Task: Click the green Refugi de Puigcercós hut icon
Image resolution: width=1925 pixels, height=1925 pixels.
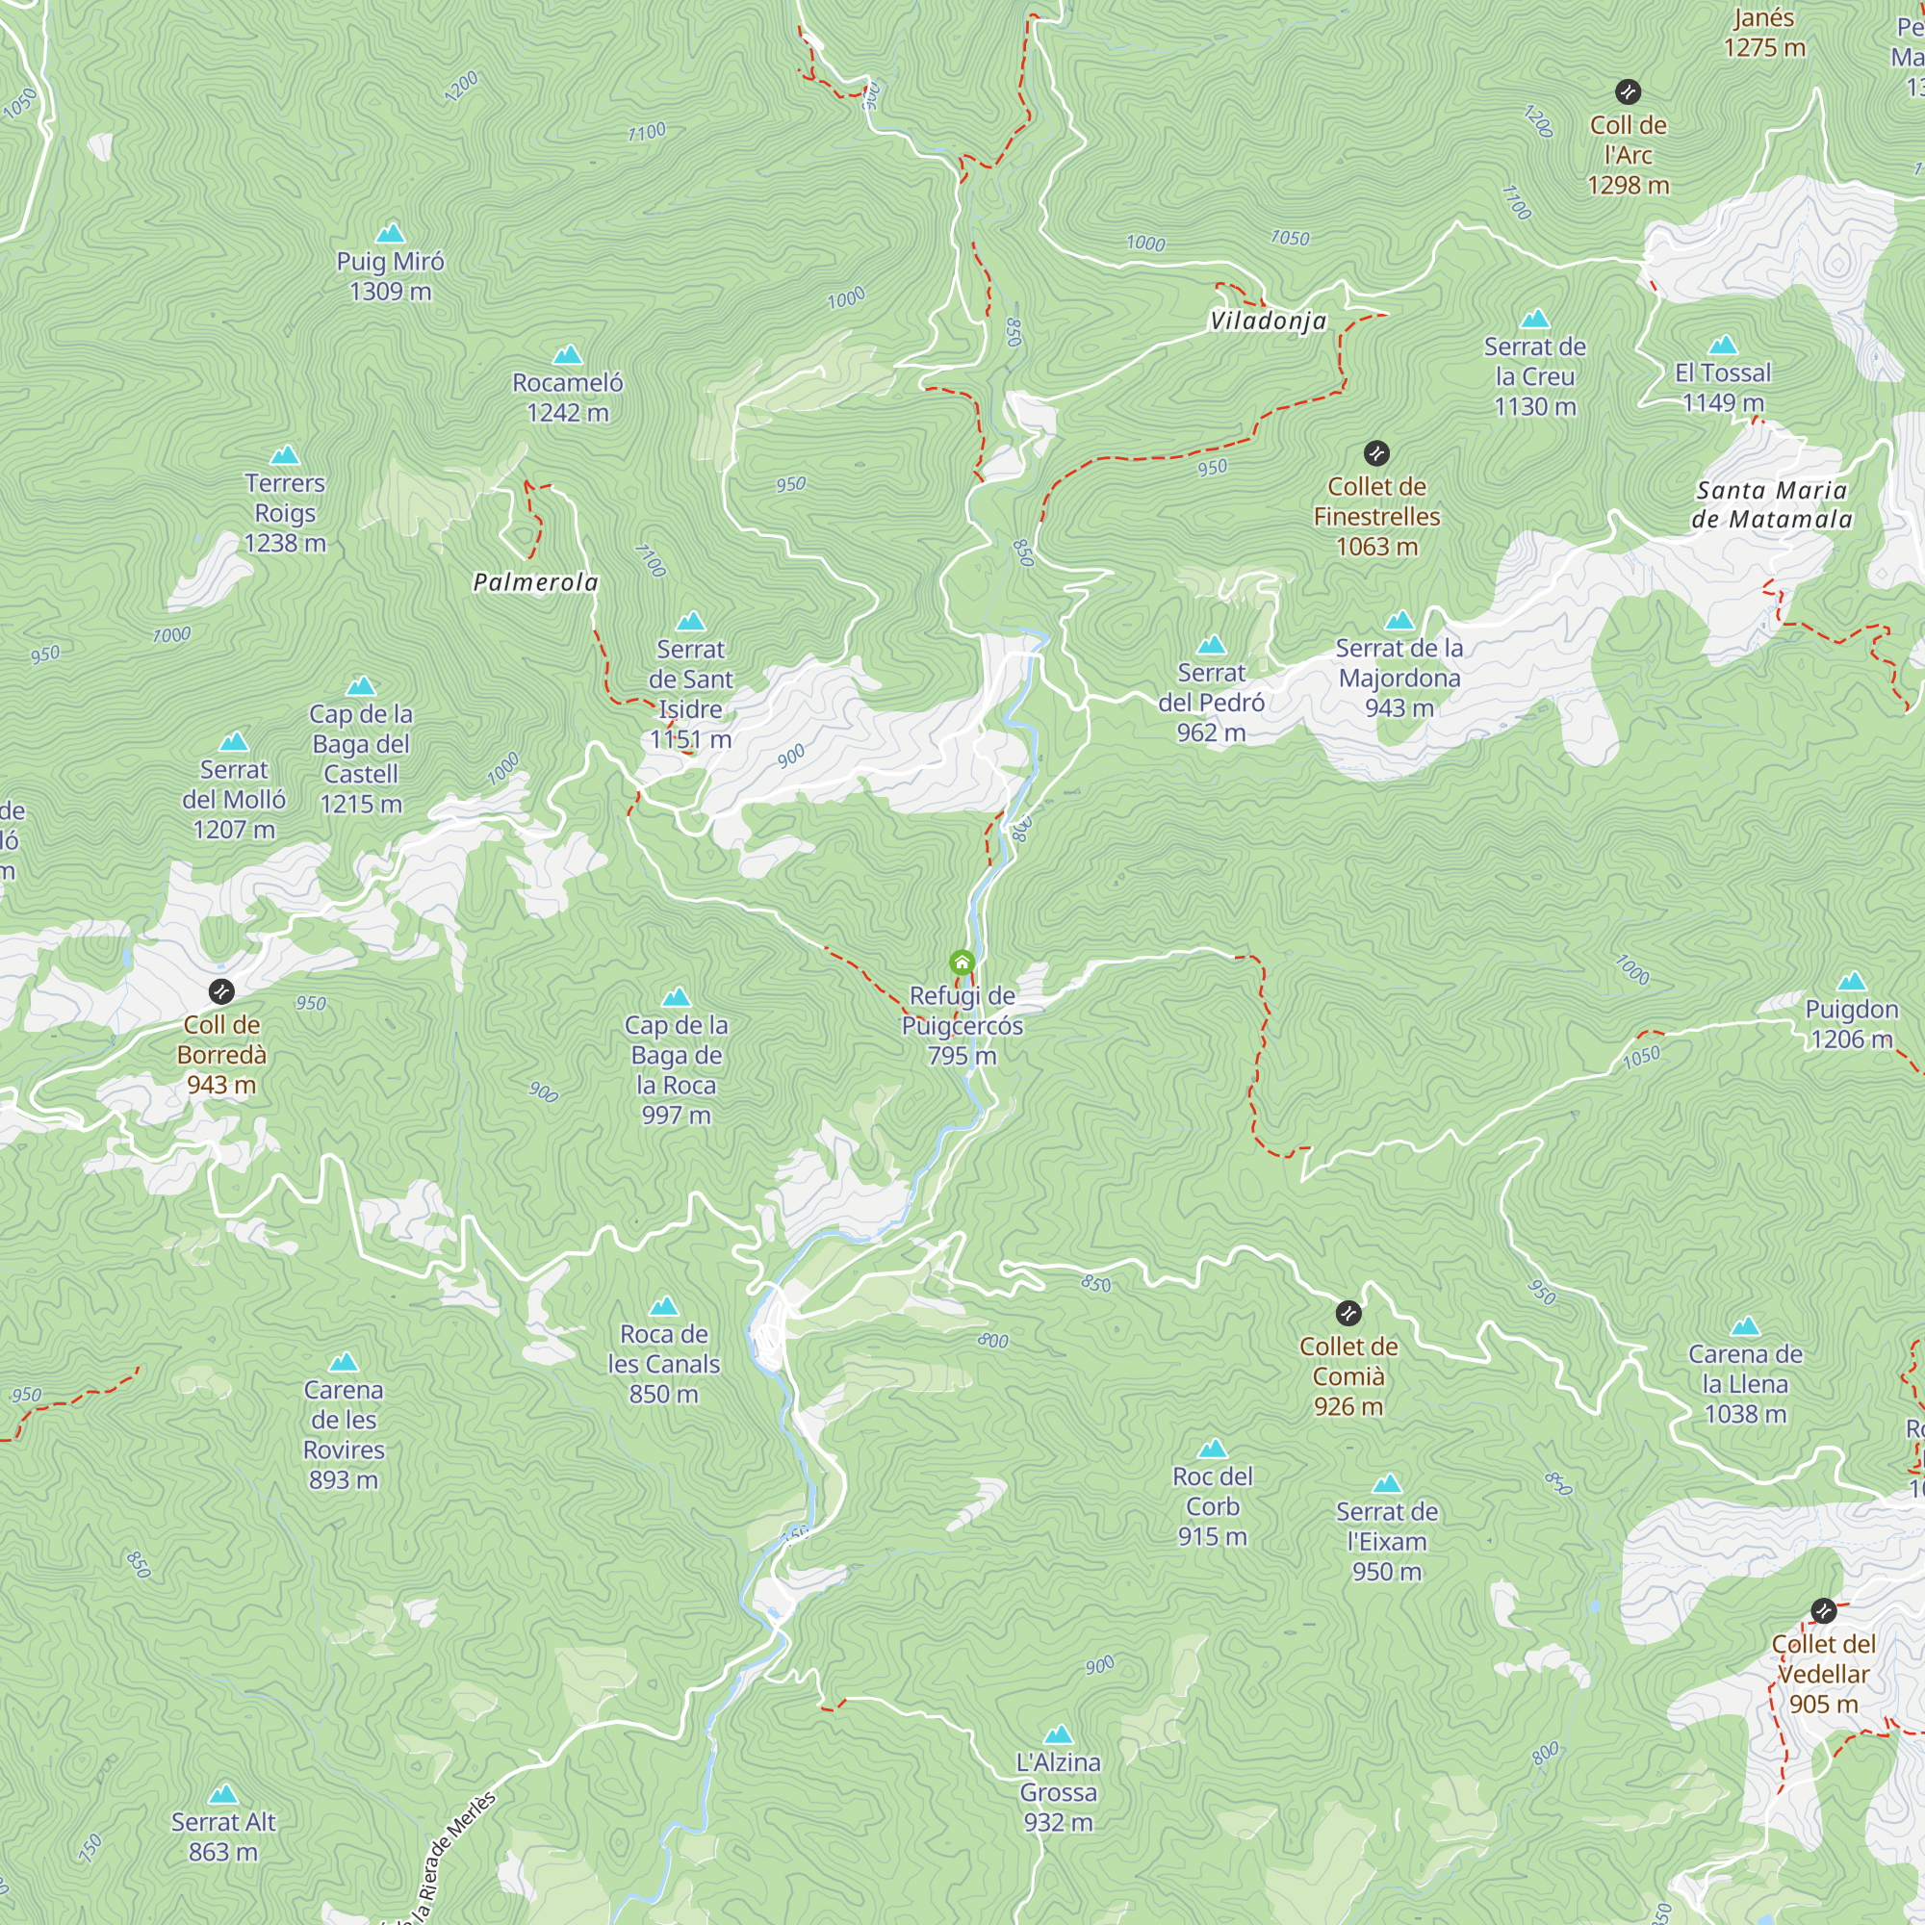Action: (x=962, y=962)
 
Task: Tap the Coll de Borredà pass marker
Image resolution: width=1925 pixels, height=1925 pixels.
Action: (x=221, y=991)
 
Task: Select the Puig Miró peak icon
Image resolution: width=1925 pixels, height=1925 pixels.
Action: (x=390, y=233)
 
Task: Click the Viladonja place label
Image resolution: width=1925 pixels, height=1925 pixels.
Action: (x=1268, y=321)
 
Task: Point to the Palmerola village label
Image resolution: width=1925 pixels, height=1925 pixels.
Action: (x=535, y=583)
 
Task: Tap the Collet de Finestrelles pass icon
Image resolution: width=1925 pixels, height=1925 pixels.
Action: (x=1376, y=453)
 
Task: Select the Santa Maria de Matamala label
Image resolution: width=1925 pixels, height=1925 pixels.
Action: (x=1772, y=504)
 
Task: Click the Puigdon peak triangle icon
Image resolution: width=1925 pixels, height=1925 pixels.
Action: (x=1851, y=982)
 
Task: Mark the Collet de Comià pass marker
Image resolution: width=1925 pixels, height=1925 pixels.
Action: (x=1348, y=1313)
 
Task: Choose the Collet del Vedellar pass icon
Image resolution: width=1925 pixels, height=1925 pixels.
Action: (x=1823, y=1611)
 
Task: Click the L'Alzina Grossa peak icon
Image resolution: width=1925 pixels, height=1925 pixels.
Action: (x=1058, y=1734)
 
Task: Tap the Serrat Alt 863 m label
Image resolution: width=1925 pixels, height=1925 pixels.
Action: (x=223, y=1836)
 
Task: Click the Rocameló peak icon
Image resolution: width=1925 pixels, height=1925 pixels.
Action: (x=567, y=355)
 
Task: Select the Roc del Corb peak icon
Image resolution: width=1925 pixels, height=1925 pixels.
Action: (x=1212, y=1449)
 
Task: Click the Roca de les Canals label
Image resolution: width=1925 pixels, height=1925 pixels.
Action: (x=663, y=1363)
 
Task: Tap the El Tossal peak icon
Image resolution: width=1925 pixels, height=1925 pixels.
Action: (x=1723, y=346)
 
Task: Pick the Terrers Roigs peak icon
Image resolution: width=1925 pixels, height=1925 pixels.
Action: (x=285, y=455)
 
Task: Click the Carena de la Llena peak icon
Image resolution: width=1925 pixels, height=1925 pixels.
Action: (x=1745, y=1326)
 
